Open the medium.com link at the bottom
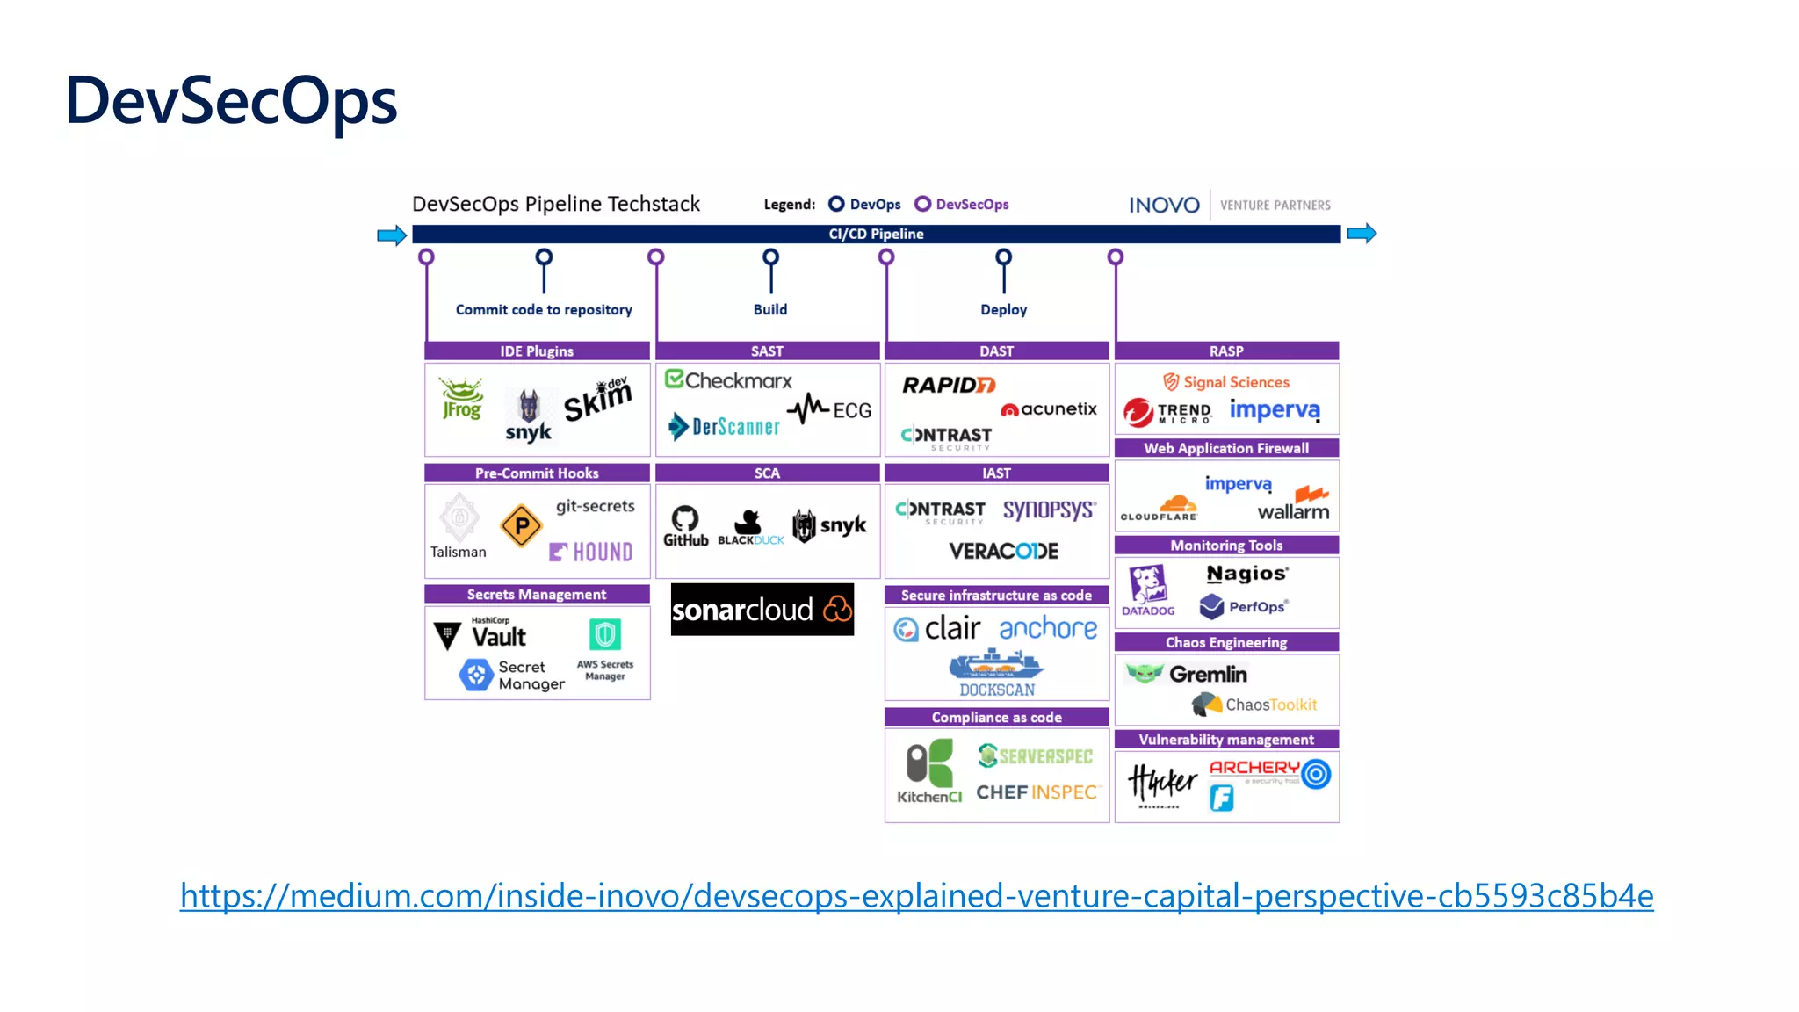tap(916, 895)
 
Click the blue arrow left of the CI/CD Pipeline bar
tap(391, 235)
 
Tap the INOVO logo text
tap(1164, 205)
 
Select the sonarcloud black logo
tap(762, 609)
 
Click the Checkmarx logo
tap(728, 380)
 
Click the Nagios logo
tap(1246, 574)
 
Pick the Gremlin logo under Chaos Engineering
tap(1187, 674)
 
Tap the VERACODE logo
tap(1003, 551)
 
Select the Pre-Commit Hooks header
tap(537, 473)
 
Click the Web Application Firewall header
tap(1226, 448)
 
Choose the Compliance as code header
tap(996, 717)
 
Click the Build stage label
tap(770, 309)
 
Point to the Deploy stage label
tap(1003, 309)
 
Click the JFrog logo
tap(461, 399)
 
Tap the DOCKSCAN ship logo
tap(996, 673)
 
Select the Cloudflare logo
tap(1160, 509)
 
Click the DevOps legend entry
tap(865, 204)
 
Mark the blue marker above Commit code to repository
tap(544, 257)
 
